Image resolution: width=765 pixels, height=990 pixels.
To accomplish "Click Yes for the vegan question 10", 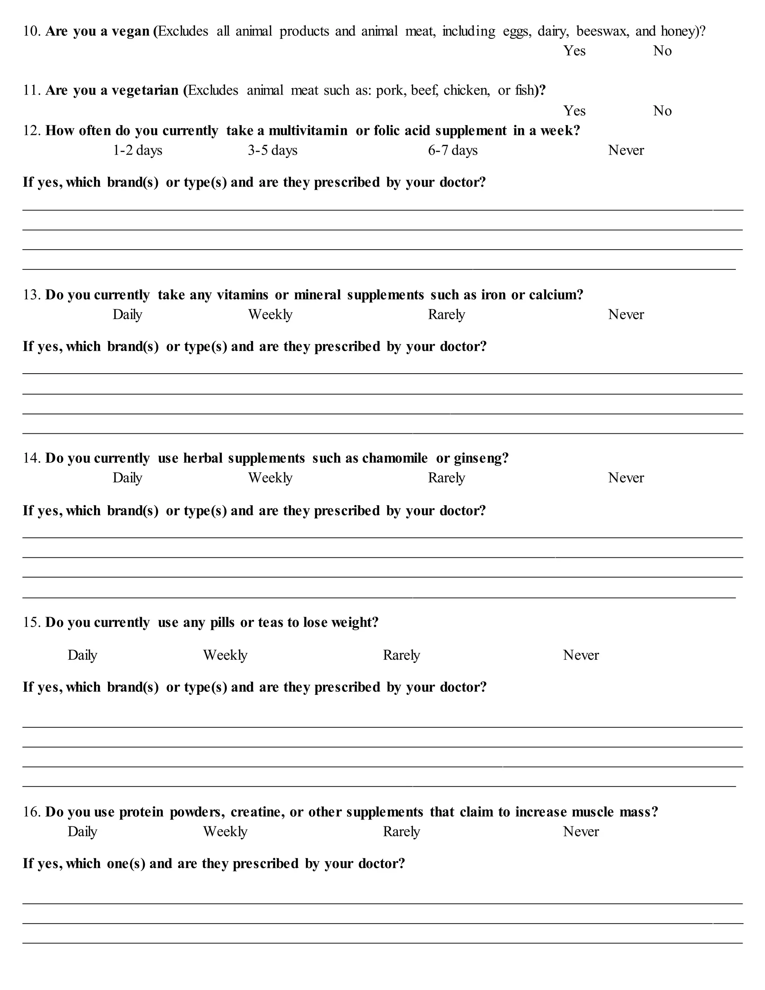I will (574, 51).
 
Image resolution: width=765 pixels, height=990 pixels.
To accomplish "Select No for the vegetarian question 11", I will (662, 111).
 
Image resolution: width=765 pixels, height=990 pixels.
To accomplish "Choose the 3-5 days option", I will (272, 151).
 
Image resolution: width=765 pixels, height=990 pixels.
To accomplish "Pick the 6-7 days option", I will (453, 151).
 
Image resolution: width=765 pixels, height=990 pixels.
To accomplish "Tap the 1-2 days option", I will (137, 151).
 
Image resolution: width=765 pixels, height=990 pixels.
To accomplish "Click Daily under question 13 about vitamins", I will (127, 315).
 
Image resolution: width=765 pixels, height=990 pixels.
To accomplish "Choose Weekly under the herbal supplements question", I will (270, 478).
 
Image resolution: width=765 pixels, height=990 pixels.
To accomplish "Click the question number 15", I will (32, 622).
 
